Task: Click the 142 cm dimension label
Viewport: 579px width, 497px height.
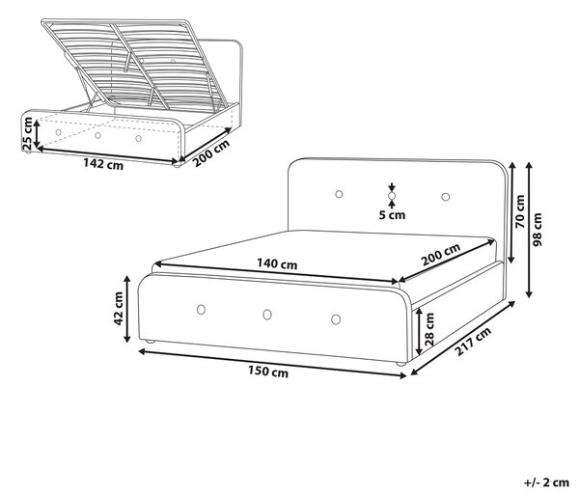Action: tap(103, 163)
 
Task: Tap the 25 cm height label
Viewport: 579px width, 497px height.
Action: tap(28, 133)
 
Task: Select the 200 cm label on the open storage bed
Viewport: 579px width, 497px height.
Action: tap(211, 152)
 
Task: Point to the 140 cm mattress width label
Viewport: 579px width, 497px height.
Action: tap(277, 263)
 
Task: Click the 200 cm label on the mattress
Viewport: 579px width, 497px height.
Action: tap(441, 255)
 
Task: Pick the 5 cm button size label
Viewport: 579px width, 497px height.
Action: tap(392, 214)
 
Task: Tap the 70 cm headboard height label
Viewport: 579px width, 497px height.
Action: tap(519, 211)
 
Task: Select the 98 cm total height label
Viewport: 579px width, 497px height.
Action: tap(538, 230)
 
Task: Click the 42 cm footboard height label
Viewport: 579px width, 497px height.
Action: tap(118, 308)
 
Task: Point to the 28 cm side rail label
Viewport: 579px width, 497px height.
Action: tap(429, 329)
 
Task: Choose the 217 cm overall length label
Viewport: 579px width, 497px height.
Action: tap(473, 341)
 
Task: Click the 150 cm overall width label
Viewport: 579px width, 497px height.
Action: tap(268, 372)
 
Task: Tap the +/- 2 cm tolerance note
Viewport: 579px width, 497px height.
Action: tap(546, 483)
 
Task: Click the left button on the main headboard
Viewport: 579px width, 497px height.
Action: tap(339, 194)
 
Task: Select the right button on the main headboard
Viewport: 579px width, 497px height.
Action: tap(446, 197)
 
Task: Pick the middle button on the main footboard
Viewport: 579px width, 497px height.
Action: tap(267, 315)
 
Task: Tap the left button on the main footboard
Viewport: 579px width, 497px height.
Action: tap(201, 310)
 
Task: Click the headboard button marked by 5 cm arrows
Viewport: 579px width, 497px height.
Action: tap(392, 195)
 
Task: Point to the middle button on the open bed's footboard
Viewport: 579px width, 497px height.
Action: tap(97, 135)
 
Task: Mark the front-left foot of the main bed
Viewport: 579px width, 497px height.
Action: tap(150, 342)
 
